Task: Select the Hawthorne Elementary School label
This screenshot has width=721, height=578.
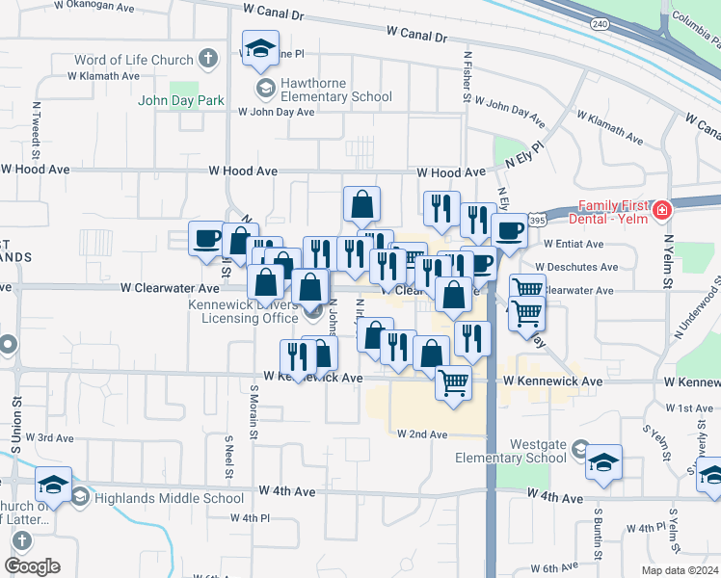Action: point(335,96)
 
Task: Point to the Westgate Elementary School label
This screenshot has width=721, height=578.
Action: point(512,450)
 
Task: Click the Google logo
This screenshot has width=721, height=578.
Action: point(32,566)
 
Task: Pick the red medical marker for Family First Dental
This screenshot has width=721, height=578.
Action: point(662,211)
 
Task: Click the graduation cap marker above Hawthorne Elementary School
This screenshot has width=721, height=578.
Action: point(258,49)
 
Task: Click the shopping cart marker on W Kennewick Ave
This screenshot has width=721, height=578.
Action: point(453,382)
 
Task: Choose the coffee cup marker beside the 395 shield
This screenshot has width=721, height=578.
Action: point(509,229)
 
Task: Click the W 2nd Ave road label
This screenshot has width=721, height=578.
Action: point(422,434)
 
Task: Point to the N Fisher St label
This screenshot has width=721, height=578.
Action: point(467,78)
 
